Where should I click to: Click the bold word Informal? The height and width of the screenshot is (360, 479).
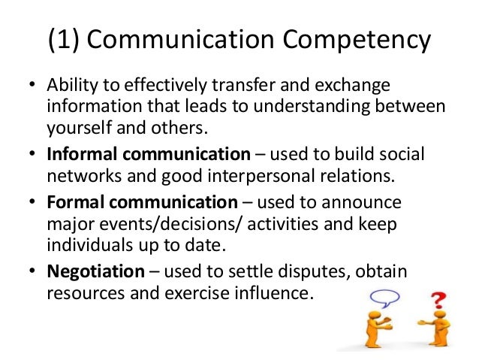click(78, 154)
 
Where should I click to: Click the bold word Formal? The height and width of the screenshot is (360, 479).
click(73, 203)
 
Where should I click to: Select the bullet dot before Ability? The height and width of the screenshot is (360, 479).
click(32, 83)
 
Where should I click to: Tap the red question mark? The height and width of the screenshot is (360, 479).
click(435, 303)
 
